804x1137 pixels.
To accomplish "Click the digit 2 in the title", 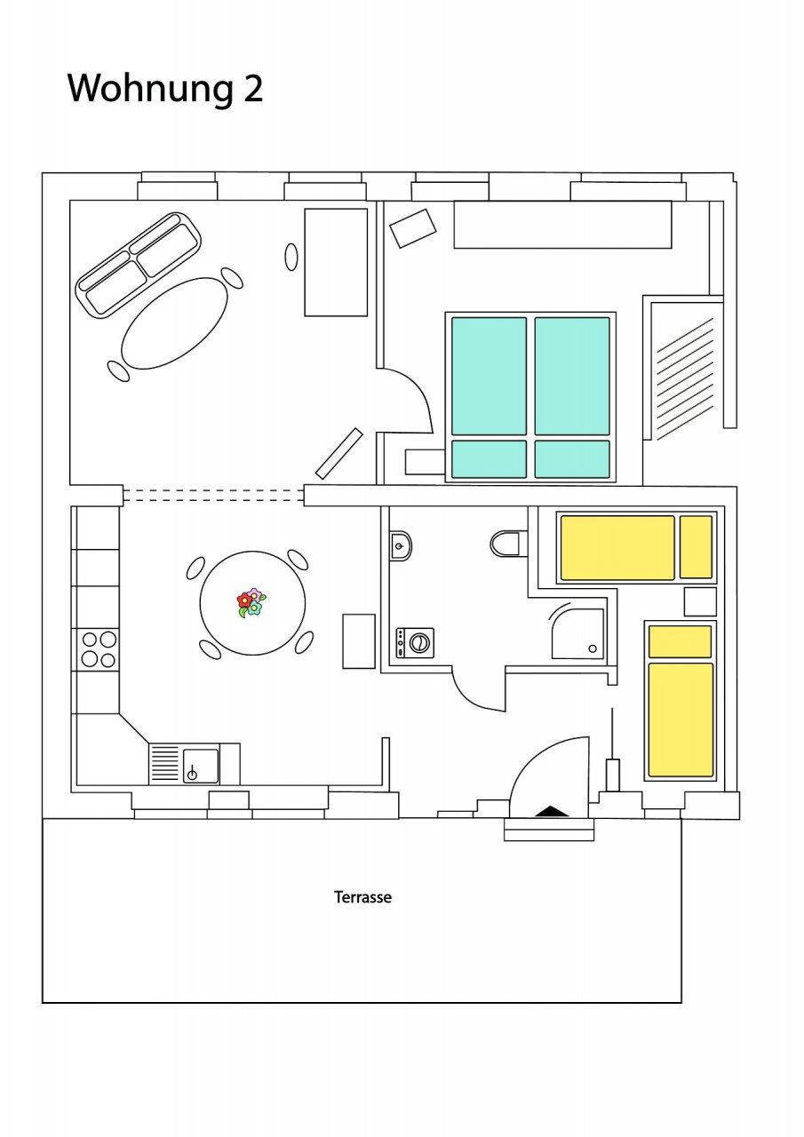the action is [253, 88].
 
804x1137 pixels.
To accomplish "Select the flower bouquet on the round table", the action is [251, 602].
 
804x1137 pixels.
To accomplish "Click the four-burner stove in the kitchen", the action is [99, 649].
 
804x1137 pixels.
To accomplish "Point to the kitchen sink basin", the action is [201, 766].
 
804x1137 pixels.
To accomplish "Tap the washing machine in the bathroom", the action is [415, 642].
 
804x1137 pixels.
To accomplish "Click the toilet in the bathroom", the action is [505, 544].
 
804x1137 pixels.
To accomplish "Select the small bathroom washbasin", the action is [401, 546].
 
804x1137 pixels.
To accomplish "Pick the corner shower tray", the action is [577, 632].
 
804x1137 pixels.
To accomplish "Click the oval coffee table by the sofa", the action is [174, 322].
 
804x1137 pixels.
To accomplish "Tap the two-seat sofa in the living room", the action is [138, 265].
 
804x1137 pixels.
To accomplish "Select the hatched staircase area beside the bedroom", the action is [685, 379].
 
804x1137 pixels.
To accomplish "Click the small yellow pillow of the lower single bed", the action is [680, 641].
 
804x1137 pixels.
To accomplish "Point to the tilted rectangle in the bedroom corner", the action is [413, 228].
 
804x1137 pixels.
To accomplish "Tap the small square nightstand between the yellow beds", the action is [700, 601].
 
